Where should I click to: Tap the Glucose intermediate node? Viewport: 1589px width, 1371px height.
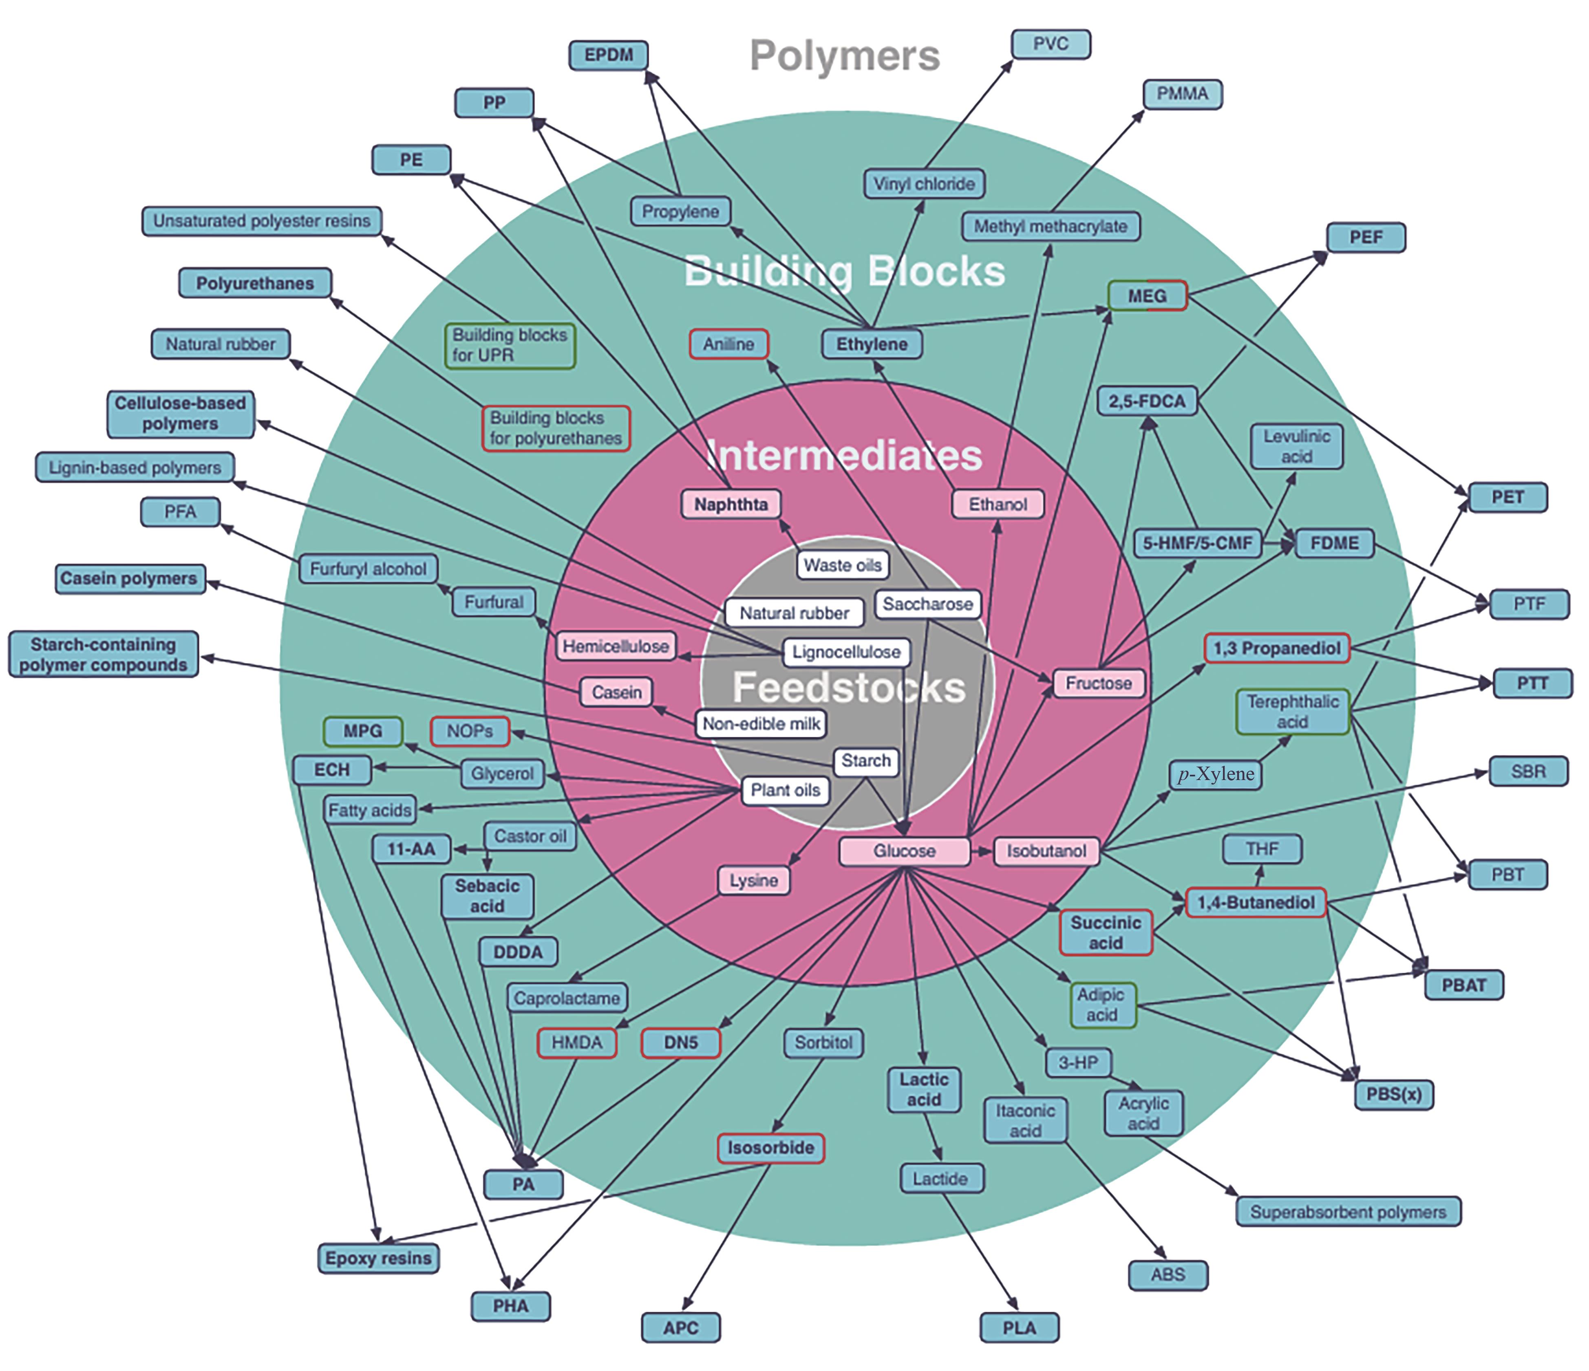click(904, 851)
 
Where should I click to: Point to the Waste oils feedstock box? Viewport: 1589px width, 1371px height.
click(842, 565)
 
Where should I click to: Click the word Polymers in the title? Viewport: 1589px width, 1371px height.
click(844, 56)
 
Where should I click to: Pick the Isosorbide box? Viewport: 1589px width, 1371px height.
click(771, 1148)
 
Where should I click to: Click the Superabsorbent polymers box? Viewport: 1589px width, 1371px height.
click(1347, 1212)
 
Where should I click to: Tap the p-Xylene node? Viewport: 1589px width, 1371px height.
click(1216, 774)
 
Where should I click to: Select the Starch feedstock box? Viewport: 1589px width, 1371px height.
click(866, 760)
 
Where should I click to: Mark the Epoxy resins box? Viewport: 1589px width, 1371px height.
click(378, 1258)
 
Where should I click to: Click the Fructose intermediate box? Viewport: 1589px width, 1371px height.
click(1098, 683)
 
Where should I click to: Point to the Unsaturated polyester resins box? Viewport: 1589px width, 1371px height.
click(262, 221)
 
